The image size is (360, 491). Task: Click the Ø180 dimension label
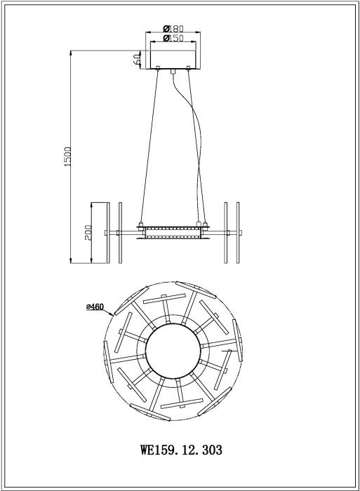pyautogui.click(x=173, y=29)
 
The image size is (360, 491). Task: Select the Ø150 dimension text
pyautogui.click(x=173, y=38)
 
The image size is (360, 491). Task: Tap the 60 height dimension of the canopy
pyautogui.click(x=137, y=59)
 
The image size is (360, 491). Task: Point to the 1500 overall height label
pyautogui.click(x=67, y=156)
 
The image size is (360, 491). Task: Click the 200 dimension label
pyautogui.click(x=88, y=233)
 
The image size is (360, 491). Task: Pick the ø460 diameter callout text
pyautogui.click(x=95, y=307)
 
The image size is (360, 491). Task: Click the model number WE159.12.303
pyautogui.click(x=181, y=450)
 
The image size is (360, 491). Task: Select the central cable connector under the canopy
pyautogui.click(x=173, y=72)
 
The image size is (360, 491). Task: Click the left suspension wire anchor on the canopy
pyautogui.click(x=158, y=67)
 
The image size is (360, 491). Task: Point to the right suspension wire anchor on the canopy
pyautogui.click(x=188, y=67)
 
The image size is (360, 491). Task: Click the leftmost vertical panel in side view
pyautogui.click(x=108, y=233)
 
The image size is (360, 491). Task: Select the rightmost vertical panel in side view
pyautogui.click(x=238, y=233)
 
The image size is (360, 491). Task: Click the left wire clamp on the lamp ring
pyautogui.click(x=141, y=224)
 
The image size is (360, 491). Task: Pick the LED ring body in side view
pyautogui.click(x=173, y=233)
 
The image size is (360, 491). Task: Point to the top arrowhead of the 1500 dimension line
pyautogui.click(x=71, y=52)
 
